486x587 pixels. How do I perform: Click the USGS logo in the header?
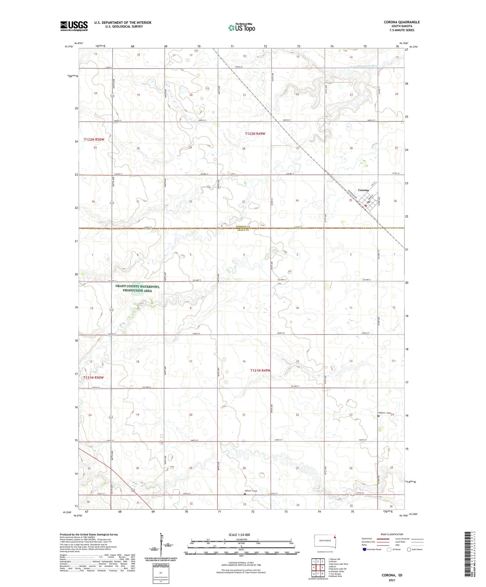74,26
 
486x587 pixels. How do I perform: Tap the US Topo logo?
241,28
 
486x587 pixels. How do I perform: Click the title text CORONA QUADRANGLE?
402,22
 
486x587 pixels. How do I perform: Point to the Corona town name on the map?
363,190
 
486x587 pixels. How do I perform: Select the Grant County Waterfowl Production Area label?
137,288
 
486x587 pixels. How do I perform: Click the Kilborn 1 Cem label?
384,413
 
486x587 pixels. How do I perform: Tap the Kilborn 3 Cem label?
251,491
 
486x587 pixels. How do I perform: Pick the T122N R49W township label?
255,134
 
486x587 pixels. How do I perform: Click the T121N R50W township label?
94,378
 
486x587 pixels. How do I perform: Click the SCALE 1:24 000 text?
239,535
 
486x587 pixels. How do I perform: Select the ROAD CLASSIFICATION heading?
392,534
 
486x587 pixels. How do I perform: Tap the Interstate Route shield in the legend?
365,549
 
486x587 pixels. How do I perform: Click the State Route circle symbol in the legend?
409,549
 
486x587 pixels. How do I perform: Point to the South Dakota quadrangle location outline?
325,541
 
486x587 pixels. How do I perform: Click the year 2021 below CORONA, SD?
392,580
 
